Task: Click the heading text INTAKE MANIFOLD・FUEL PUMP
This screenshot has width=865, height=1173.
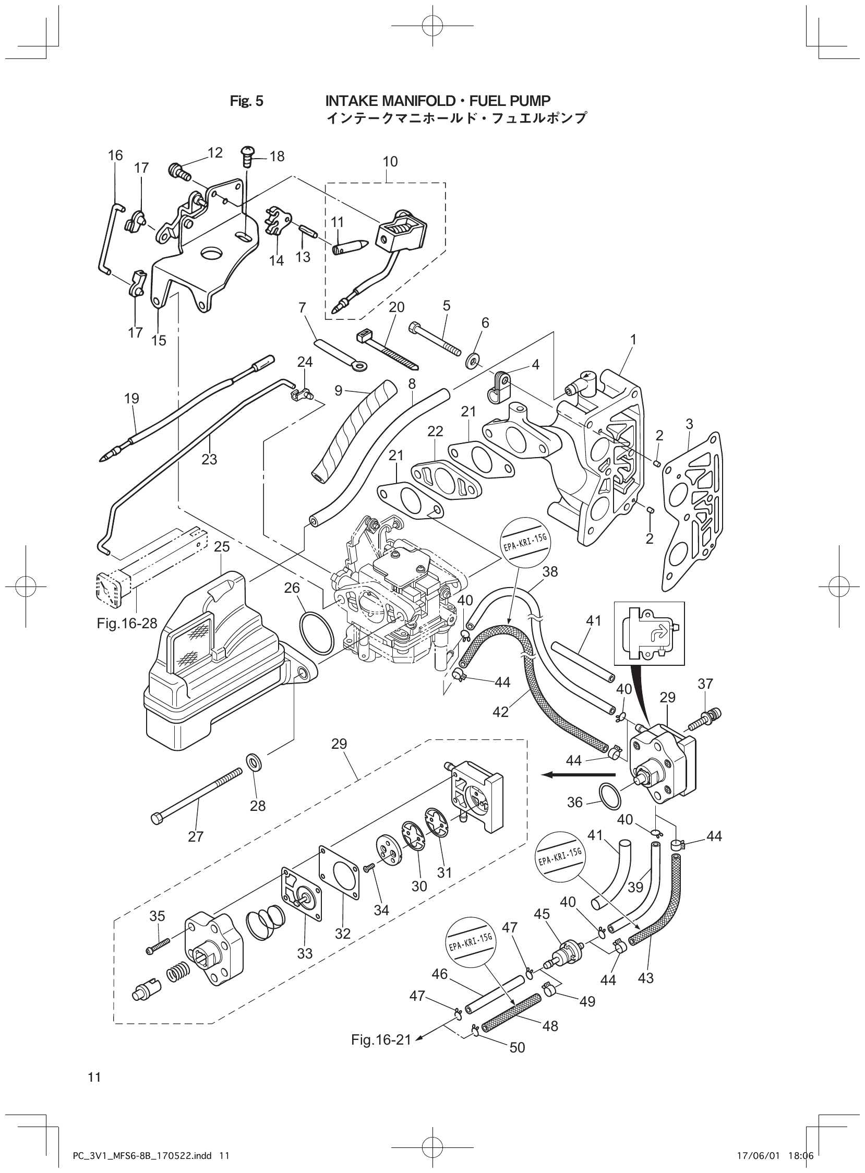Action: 438,100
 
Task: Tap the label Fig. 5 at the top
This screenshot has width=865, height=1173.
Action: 247,101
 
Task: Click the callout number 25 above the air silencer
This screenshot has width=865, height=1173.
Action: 222,547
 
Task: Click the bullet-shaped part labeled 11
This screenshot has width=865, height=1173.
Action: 351,246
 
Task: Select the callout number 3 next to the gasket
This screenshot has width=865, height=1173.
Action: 689,424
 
